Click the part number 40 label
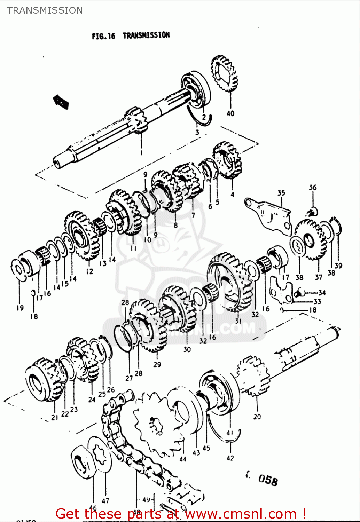pos(230,113)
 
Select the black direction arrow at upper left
pos(61,102)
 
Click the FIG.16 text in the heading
pos(103,36)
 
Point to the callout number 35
pos(281,193)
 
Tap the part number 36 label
pos(313,187)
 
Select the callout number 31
pos(238,321)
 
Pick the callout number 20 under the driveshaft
pos(257,416)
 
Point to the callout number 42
pos(230,458)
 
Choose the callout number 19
pos(20,308)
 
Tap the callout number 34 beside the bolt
pos(322,293)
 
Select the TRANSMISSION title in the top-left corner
pos(45,10)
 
